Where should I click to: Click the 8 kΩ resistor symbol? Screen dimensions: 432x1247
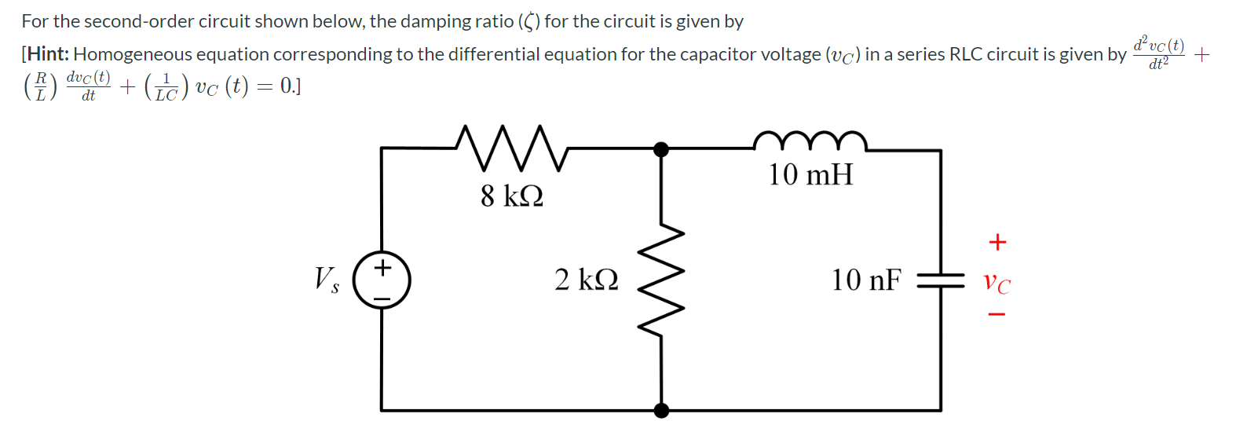point(511,148)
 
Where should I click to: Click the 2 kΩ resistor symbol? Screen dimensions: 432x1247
point(661,280)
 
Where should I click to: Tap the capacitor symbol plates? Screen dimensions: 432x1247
point(941,280)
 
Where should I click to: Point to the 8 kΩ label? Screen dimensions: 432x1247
point(512,196)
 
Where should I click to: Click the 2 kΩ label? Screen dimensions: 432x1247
point(586,280)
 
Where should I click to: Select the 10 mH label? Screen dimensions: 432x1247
point(810,174)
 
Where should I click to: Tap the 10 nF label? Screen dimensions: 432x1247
point(866,280)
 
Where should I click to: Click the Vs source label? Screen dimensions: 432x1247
point(327,279)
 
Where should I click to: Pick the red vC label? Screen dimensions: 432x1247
point(997,282)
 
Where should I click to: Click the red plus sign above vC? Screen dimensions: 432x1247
point(997,242)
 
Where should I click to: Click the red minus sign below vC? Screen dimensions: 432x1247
point(997,315)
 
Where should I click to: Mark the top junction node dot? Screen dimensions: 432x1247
point(662,149)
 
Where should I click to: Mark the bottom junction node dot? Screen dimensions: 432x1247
point(662,410)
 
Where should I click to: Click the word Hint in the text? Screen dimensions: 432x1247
point(48,54)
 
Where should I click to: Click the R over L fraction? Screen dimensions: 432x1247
point(41,86)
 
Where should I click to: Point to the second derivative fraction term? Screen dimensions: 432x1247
point(1158,53)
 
